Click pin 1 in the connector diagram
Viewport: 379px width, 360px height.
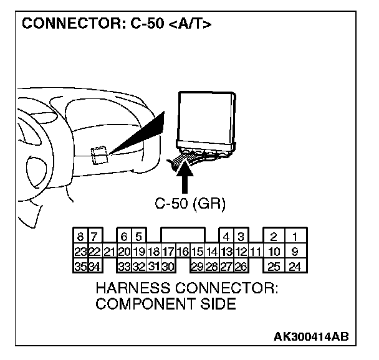(295, 237)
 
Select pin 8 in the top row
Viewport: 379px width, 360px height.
(81, 237)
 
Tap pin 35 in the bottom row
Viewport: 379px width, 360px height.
(81, 267)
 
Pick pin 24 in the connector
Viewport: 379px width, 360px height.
(295, 267)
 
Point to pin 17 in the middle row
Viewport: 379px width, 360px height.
(168, 252)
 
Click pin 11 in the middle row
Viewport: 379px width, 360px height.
(255, 252)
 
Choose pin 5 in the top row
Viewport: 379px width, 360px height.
(139, 237)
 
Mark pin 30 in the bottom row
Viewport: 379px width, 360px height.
(168, 267)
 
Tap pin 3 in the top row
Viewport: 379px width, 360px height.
(240, 237)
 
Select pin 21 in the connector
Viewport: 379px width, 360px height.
(109, 252)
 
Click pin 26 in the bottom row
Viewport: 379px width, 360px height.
(240, 267)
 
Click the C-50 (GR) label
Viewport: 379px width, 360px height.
(189, 203)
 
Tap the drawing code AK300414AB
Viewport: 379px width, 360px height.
(311, 337)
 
